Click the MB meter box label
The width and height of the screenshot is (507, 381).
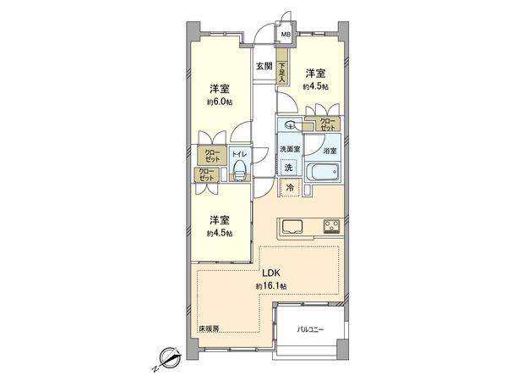tap(286, 35)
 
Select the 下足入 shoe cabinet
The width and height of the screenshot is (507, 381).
tap(281, 72)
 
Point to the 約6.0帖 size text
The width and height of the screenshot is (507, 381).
tap(219, 102)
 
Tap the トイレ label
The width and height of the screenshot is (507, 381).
tap(239, 155)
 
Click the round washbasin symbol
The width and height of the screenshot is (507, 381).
tap(290, 126)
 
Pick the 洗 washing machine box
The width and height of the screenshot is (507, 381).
tap(289, 168)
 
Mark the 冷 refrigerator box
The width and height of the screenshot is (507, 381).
tap(290, 188)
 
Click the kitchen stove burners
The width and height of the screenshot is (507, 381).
tap(330, 225)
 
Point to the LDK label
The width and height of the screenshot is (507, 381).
tap(270, 274)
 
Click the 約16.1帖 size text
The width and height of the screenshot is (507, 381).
tap(270, 287)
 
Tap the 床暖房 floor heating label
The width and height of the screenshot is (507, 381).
tap(210, 328)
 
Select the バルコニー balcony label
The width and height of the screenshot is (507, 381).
tap(311, 328)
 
